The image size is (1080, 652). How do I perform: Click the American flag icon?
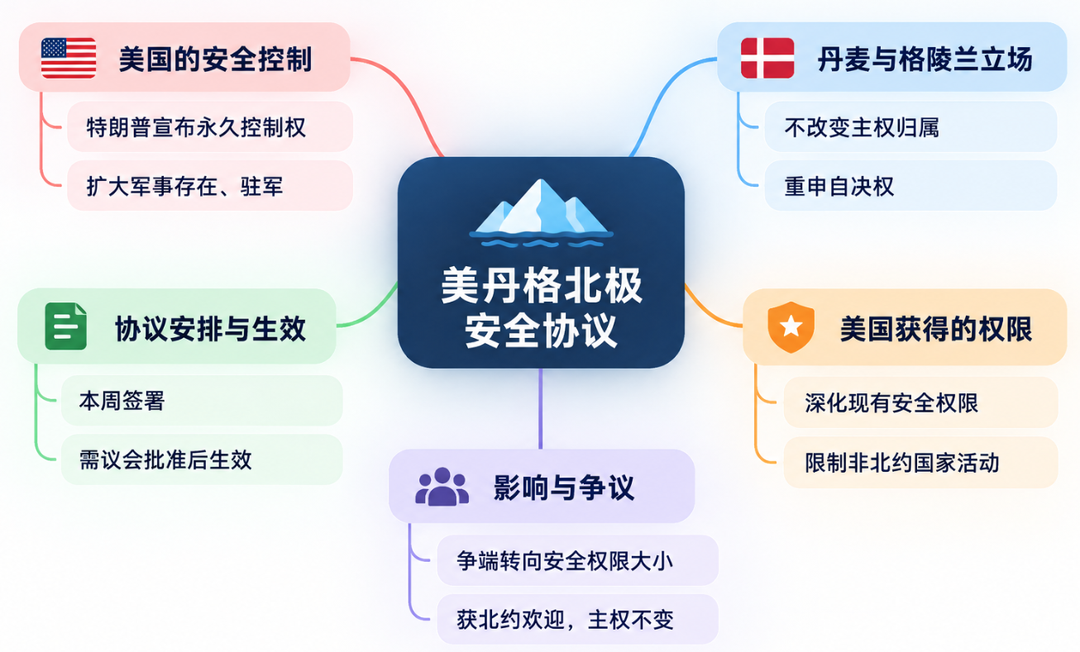[69, 58]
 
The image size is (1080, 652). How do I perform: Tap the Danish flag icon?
[767, 58]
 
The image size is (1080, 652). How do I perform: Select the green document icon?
[65, 326]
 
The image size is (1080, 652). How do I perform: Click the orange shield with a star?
[791, 327]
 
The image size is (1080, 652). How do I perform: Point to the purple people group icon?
[442, 487]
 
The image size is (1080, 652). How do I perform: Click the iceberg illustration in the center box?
[541, 213]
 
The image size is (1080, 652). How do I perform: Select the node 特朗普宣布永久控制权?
[210, 127]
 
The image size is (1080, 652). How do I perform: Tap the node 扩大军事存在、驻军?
[210, 186]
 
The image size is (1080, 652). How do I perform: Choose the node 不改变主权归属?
[910, 127]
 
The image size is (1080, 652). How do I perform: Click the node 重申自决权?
[910, 186]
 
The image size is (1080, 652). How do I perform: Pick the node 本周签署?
[202, 401]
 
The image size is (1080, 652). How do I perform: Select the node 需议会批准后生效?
[202, 459]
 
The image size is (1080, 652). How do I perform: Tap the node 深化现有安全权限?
[921, 403]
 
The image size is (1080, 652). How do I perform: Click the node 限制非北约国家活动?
[921, 463]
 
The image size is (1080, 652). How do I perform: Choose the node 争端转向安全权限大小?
[577, 560]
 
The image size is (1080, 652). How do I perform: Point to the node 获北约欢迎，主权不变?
[577, 619]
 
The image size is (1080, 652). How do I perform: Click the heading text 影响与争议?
[564, 488]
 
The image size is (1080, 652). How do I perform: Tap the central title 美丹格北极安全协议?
[541, 307]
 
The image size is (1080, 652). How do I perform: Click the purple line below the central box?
[541, 409]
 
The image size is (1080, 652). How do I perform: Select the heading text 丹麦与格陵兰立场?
[925, 59]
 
